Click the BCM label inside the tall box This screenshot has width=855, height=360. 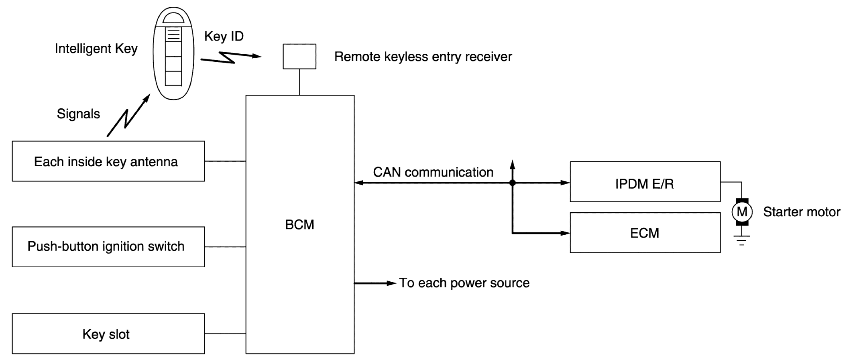coord(299,224)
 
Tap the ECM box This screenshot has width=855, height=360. coord(645,233)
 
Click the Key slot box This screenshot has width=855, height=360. coord(108,334)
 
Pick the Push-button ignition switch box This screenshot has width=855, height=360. coord(108,246)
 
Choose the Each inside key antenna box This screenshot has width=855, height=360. coord(108,161)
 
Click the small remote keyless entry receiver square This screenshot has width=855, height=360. coord(299,57)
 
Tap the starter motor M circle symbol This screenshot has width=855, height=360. coord(742,212)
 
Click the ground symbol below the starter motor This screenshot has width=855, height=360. coord(742,240)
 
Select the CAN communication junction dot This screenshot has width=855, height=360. coord(512,183)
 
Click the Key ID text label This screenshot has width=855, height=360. coord(224,36)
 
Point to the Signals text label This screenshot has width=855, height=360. coord(78,114)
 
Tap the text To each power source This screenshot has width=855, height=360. coord(464,283)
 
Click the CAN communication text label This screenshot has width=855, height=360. coord(433,172)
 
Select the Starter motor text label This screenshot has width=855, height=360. coord(801,212)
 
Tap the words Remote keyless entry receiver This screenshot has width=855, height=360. coord(423,57)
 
